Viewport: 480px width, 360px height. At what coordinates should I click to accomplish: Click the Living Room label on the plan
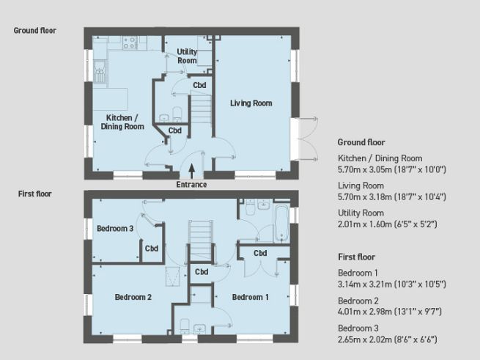251,103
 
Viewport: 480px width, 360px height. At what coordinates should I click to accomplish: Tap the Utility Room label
187,56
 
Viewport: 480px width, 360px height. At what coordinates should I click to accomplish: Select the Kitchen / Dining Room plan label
122,122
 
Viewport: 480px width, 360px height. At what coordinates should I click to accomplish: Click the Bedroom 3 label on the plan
115,228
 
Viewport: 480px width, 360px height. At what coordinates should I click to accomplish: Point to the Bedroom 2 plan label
133,297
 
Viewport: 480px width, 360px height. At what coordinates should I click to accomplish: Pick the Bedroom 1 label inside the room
251,297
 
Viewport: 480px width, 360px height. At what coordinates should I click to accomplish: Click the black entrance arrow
192,170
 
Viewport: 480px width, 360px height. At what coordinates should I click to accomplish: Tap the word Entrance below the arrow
192,185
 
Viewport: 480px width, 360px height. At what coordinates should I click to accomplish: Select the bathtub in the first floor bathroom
281,222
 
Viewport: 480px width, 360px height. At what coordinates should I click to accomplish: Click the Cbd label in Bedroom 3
152,248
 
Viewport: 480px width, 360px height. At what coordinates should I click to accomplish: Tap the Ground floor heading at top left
34,31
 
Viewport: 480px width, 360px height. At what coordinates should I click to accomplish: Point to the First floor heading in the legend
356,257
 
